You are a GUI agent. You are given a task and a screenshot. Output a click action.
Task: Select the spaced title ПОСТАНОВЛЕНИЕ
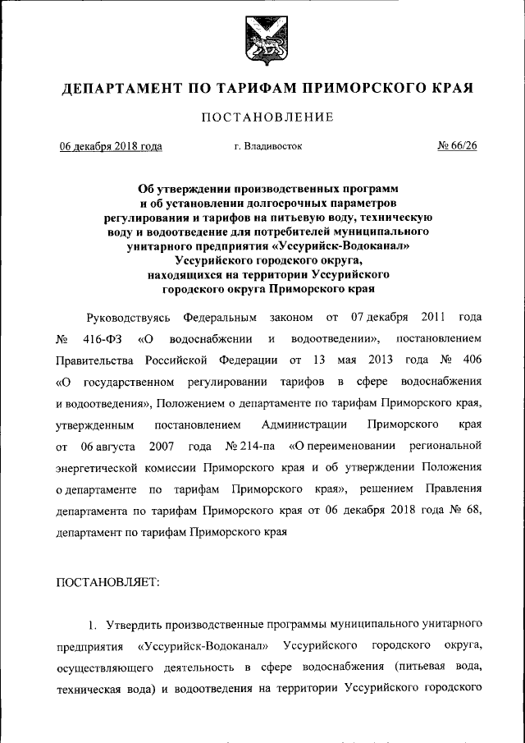[267, 117]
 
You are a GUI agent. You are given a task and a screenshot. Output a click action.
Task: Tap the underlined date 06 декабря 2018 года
[110, 147]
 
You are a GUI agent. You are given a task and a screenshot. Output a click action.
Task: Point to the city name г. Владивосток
[267, 147]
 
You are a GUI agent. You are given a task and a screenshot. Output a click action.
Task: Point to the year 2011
[432, 317]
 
